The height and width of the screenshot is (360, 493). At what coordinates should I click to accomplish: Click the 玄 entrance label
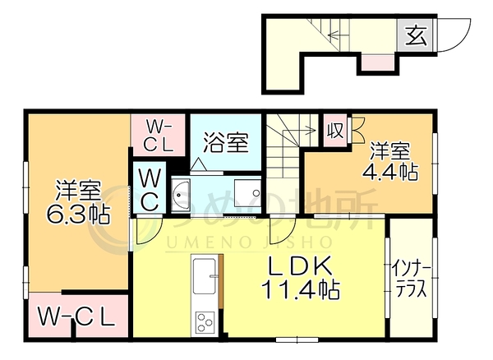pyautogui.click(x=416, y=35)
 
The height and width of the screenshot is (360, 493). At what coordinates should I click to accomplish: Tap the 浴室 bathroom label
pyautogui.click(x=226, y=142)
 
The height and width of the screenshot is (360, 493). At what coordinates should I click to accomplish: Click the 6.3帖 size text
pyautogui.click(x=78, y=215)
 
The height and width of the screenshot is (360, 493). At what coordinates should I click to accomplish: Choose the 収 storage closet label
pyautogui.click(x=334, y=130)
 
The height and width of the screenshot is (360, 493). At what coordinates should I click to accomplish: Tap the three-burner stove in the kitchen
pyautogui.click(x=205, y=322)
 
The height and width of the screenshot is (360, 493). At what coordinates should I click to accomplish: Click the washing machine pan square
pyautogui.click(x=248, y=193)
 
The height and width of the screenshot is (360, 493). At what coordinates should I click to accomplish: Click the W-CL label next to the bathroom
pyautogui.click(x=159, y=136)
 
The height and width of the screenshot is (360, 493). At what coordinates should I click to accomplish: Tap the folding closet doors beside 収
pyautogui.click(x=357, y=129)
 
